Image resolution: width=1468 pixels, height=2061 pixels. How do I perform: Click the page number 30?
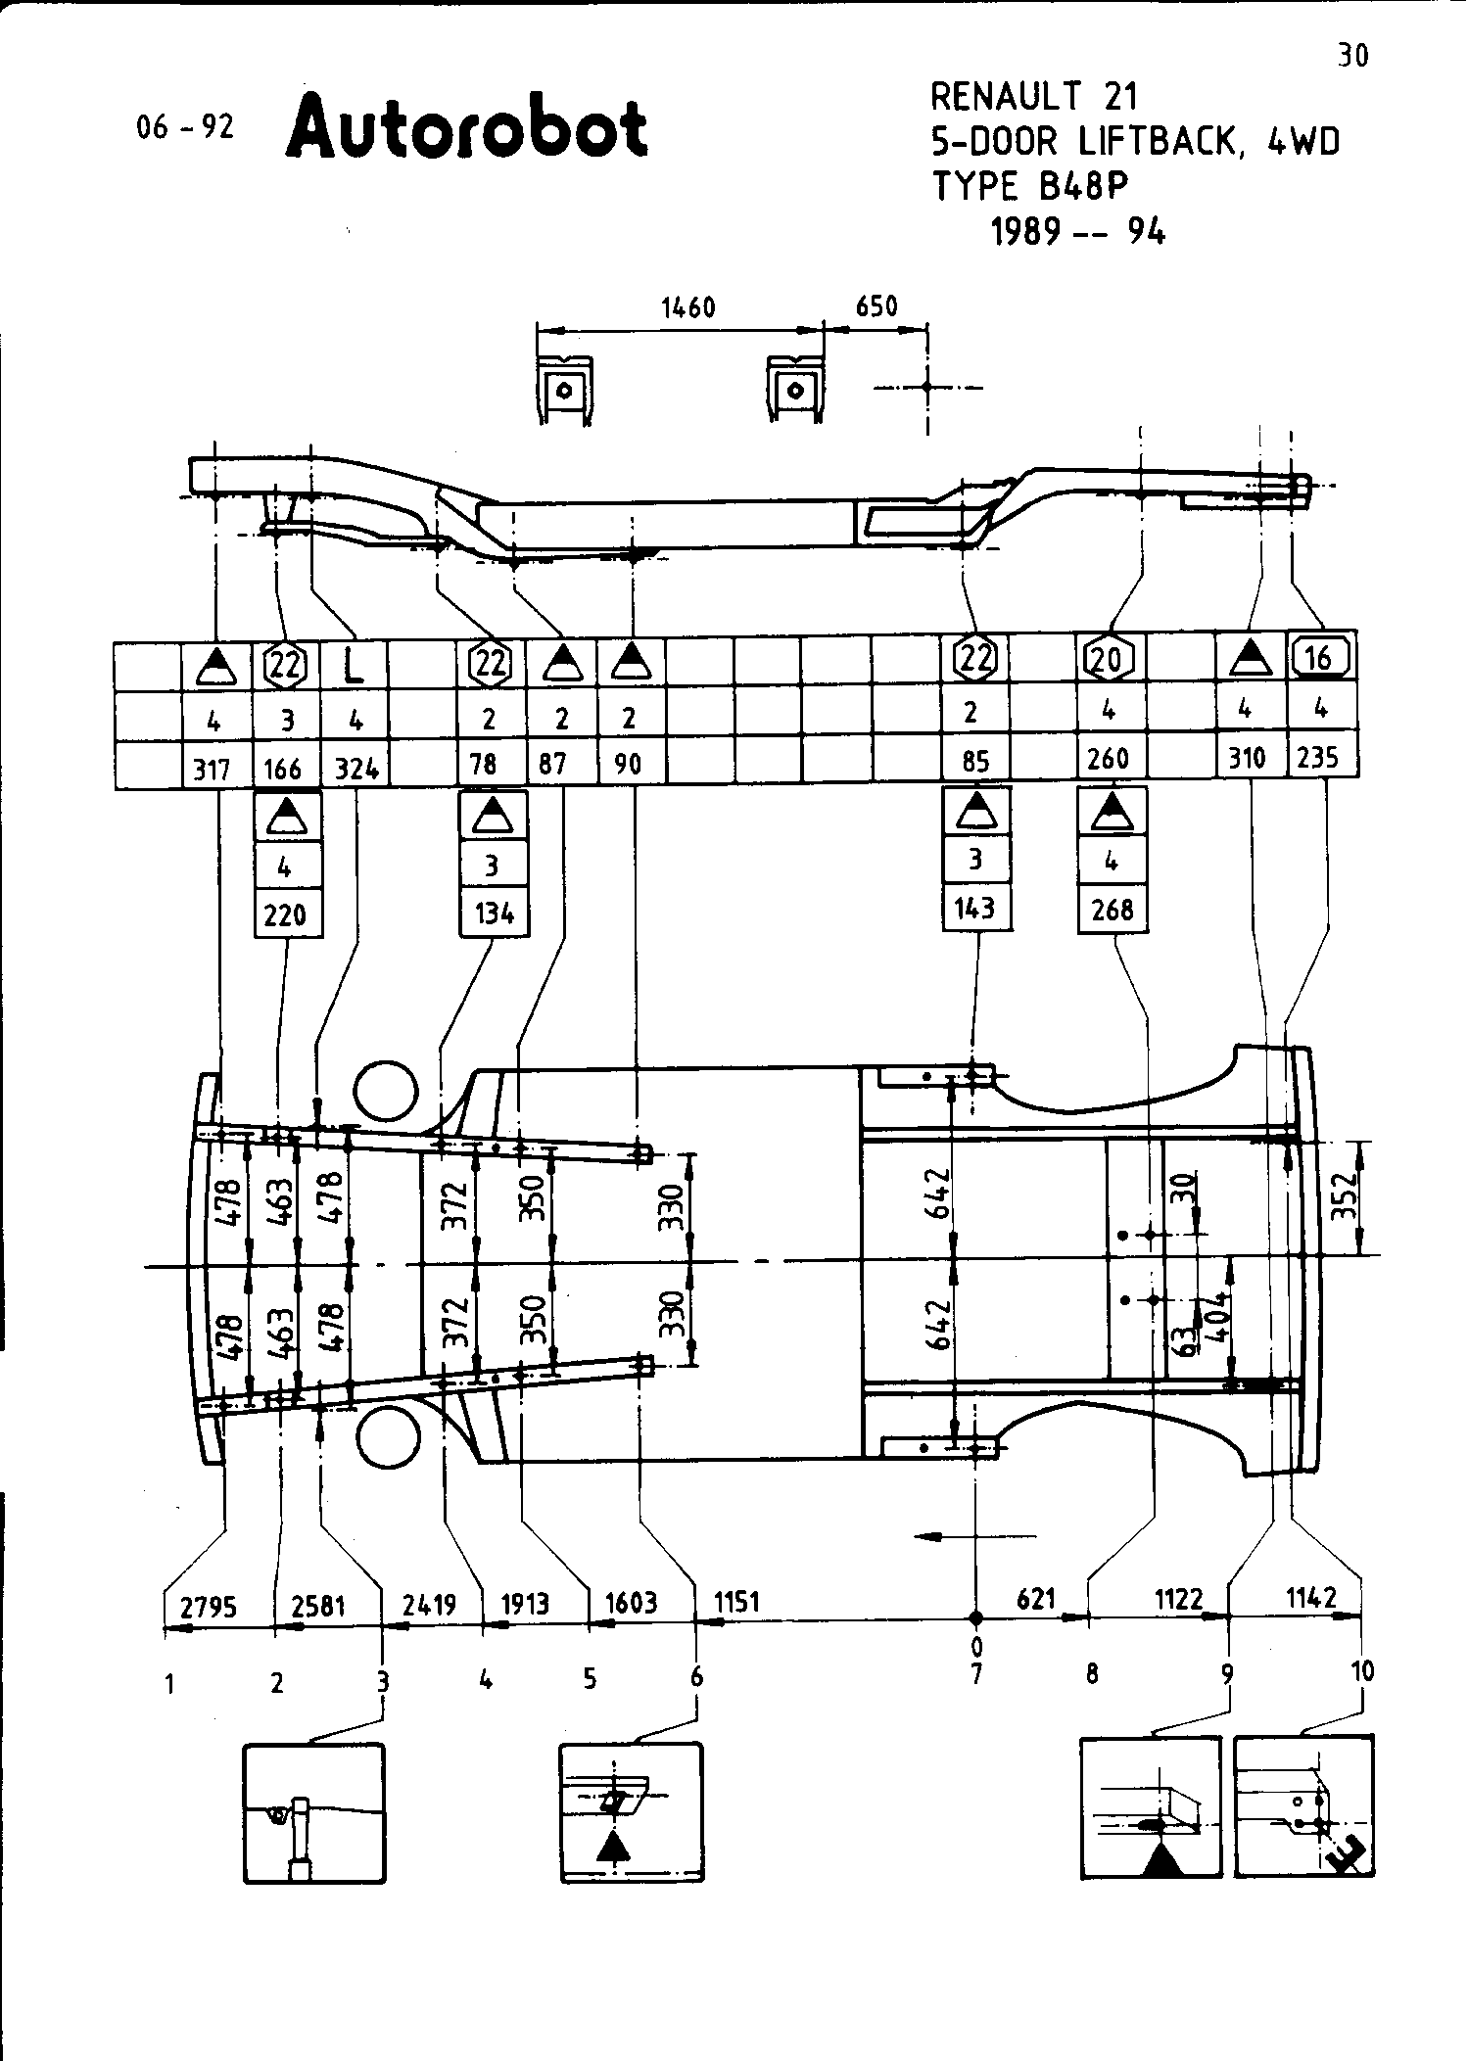click(1352, 56)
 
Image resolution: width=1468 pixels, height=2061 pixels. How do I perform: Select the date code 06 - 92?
click(186, 127)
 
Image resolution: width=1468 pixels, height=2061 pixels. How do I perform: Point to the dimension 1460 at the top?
click(688, 308)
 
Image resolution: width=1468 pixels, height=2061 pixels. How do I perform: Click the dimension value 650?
click(876, 306)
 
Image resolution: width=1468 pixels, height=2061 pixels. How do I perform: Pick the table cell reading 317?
click(212, 770)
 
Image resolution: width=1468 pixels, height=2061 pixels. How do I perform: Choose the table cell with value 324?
click(356, 770)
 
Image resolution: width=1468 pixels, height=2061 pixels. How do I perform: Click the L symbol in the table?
click(354, 667)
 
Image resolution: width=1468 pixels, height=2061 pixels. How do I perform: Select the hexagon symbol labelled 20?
click(1108, 660)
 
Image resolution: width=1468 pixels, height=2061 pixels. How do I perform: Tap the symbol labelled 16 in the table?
click(1320, 657)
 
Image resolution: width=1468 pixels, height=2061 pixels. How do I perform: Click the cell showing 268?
click(1113, 911)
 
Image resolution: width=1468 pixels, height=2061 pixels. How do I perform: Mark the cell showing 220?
click(286, 915)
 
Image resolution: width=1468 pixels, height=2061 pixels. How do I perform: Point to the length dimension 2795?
click(209, 1607)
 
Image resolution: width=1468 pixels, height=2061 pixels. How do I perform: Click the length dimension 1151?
click(736, 1602)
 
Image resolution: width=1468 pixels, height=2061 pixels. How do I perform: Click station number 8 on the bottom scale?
click(1092, 1674)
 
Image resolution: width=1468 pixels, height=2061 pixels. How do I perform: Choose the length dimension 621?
click(1036, 1599)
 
